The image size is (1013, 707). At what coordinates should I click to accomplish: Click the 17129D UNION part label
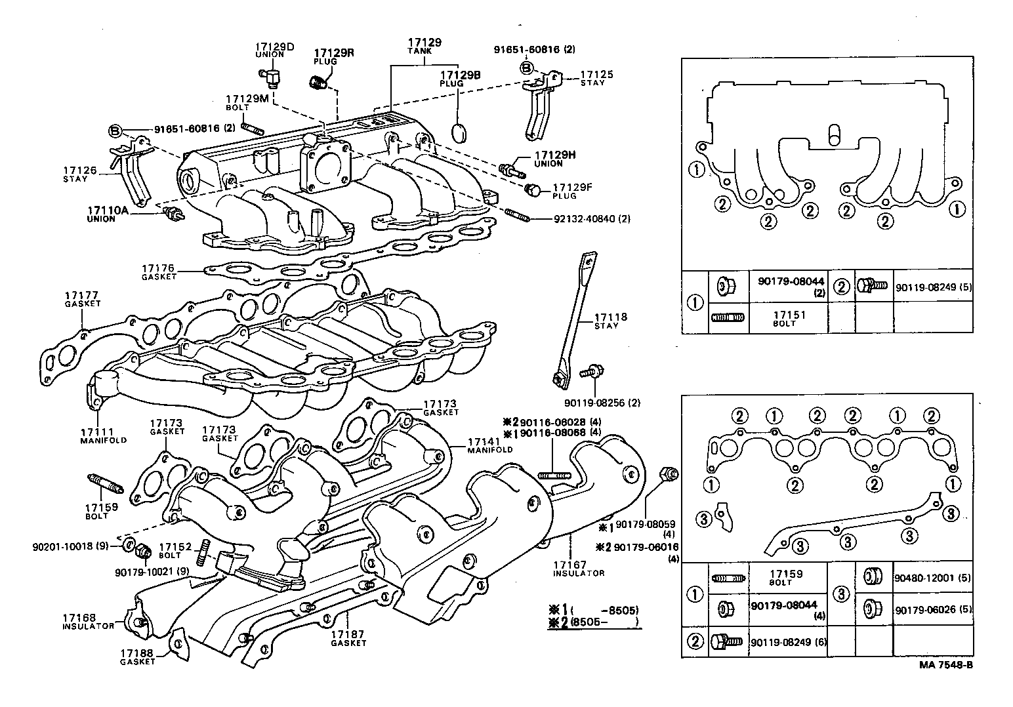pyautogui.click(x=274, y=50)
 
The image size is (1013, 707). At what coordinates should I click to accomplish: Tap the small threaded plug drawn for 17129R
pyautogui.click(x=318, y=83)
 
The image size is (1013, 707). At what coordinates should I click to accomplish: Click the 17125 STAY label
pyautogui.click(x=596, y=78)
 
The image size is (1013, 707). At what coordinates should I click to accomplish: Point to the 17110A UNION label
pyautogui.click(x=108, y=214)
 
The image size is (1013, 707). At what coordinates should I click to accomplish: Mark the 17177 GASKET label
pyautogui.click(x=82, y=300)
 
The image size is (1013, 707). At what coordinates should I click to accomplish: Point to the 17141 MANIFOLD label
pyautogui.click(x=489, y=446)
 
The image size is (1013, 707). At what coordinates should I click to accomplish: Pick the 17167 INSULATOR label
pyautogui.click(x=578, y=568)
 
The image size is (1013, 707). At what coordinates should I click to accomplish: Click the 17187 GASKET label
pyautogui.click(x=348, y=638)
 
